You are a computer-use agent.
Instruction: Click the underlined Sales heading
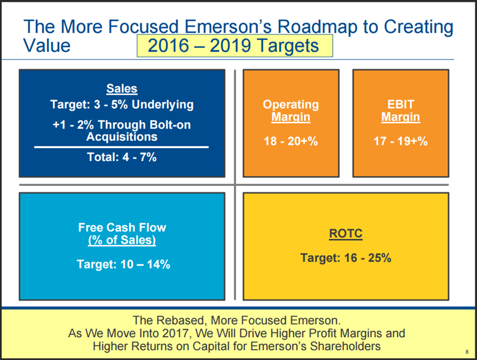(122, 88)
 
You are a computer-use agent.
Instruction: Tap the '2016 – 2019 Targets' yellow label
(234, 46)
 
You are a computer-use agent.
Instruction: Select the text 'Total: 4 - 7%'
(122, 157)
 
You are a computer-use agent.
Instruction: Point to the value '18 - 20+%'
(291, 141)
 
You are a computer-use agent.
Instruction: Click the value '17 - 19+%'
(401, 141)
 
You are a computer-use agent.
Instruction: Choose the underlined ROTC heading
(346, 234)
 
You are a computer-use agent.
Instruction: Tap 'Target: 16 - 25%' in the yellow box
(346, 258)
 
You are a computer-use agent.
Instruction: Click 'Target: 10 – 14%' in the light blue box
(123, 264)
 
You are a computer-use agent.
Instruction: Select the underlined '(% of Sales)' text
(122, 240)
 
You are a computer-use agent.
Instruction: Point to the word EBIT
(401, 105)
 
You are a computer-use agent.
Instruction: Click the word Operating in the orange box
(291, 105)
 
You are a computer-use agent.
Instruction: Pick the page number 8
(467, 352)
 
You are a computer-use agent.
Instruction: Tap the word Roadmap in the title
(317, 27)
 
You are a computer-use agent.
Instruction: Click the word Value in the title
(47, 46)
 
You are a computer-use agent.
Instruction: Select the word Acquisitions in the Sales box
(122, 137)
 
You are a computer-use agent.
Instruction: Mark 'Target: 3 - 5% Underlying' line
(122, 105)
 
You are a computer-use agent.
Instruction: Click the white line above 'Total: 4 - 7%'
(121, 147)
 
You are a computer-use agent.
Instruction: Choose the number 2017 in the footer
(176, 333)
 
